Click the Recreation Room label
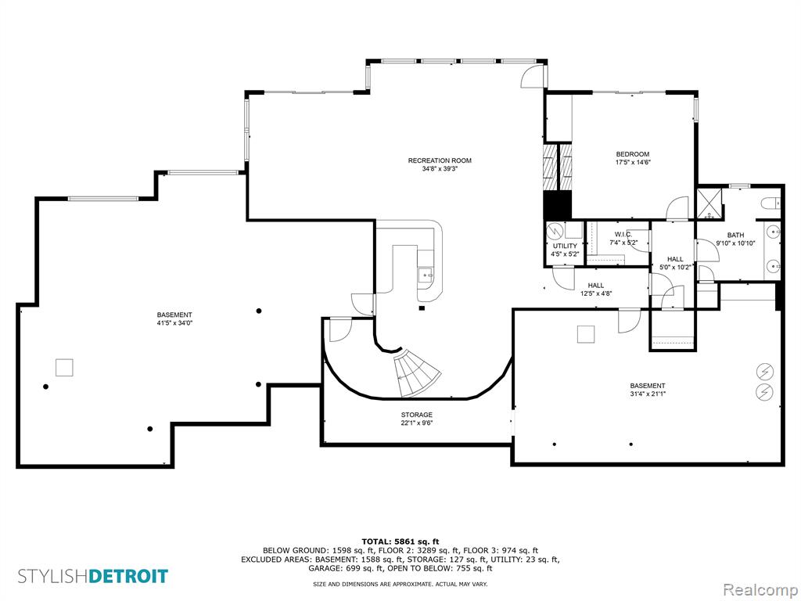coord(440,160)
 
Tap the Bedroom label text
coord(632,154)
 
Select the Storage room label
coord(416,415)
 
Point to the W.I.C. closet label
coord(623,234)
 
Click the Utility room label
coord(565,246)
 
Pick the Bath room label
coord(735,235)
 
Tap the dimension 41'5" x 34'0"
coord(174,323)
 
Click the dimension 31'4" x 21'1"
coord(647,394)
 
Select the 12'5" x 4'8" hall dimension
coord(595,293)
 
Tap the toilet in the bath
coord(770,204)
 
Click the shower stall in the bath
coord(710,204)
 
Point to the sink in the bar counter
coord(426,275)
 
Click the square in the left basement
coord(64,368)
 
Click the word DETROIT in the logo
coord(128,576)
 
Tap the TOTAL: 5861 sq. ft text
coord(400,542)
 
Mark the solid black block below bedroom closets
coord(557,206)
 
